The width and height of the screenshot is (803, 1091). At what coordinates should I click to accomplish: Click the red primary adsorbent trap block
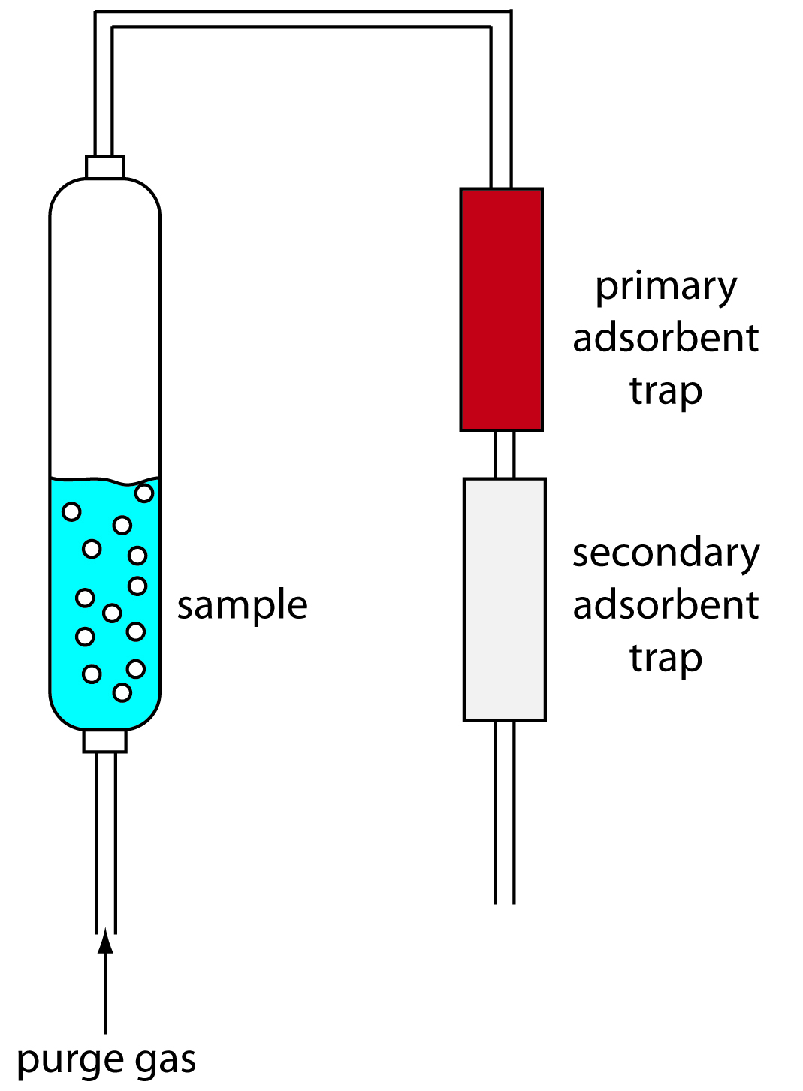pos(501,309)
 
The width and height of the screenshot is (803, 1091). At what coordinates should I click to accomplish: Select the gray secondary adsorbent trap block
pos(504,599)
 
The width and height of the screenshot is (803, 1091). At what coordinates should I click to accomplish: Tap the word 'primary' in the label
pos(666,288)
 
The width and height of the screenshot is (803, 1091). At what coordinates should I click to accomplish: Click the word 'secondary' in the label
pos(666,553)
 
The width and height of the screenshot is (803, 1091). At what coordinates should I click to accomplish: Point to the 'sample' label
pos(242,605)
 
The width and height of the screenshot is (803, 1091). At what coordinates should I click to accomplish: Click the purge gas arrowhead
pos(106,942)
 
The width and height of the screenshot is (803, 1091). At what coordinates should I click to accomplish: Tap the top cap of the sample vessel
pos(104,167)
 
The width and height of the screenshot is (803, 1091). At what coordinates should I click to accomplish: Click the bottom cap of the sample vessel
pos(104,741)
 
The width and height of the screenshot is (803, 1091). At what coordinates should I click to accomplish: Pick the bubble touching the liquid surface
pos(144,493)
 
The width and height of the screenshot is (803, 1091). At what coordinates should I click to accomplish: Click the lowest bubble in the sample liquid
pos(122,692)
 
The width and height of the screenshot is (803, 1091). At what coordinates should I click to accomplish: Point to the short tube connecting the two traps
pos(504,454)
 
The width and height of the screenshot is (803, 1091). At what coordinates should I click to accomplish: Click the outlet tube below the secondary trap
pos(504,811)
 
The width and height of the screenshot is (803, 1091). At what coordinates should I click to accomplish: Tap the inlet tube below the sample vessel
pos(106,841)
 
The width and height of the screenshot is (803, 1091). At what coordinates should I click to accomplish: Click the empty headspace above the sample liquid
pos(104,330)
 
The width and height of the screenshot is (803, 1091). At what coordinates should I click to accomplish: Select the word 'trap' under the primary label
pos(666,390)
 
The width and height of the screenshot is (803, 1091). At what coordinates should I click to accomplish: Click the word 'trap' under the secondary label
pos(666,658)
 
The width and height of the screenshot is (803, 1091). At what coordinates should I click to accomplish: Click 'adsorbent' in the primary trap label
pos(666,338)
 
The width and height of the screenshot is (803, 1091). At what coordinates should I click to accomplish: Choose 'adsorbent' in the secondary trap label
pos(666,605)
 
